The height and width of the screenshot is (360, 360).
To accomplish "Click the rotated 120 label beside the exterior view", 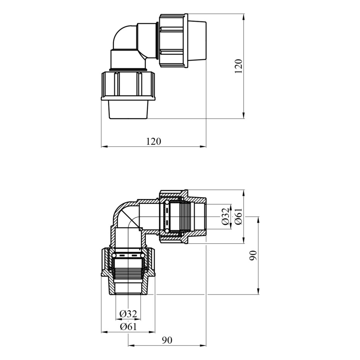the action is [x=238, y=66].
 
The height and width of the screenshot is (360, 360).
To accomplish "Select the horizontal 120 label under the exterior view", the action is [x=154, y=141].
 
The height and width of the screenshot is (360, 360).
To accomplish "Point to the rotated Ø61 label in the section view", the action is [x=238, y=216].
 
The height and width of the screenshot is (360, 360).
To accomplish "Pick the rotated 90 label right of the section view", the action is [x=253, y=255].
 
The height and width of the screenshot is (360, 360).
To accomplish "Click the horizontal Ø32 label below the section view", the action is [x=128, y=314].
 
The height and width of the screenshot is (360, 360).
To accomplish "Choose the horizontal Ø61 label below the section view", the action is [x=128, y=326].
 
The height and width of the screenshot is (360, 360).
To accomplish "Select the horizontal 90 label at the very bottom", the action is [x=167, y=340].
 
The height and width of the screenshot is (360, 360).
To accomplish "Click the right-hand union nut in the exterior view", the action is [x=173, y=41].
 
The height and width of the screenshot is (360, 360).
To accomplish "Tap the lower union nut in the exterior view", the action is [x=129, y=86].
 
